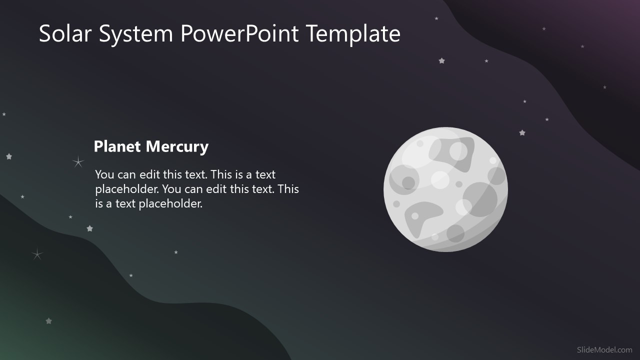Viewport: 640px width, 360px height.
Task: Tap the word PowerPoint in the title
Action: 239,33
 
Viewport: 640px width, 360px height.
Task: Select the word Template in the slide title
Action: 353,33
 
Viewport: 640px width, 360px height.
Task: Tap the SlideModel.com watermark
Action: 604,350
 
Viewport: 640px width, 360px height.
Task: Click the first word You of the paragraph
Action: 104,174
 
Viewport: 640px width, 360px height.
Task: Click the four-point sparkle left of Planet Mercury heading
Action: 78,161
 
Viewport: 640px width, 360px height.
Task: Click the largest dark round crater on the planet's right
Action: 480,199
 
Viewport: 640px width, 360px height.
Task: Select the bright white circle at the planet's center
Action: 440,180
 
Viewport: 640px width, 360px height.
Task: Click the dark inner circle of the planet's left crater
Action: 408,182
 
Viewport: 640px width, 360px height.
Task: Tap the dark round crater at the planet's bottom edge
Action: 455,233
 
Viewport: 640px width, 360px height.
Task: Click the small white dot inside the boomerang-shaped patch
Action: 415,216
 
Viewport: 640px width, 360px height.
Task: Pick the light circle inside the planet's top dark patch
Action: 458,150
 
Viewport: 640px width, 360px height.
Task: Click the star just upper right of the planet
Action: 522,133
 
